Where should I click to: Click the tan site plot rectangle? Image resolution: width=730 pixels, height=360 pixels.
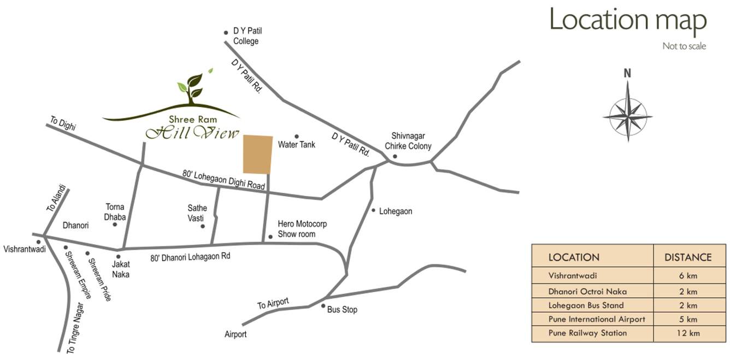[x=257, y=155]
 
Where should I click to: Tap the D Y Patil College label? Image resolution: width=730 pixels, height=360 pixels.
[x=247, y=36]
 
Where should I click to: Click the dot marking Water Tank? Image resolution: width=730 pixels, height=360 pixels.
[x=297, y=137]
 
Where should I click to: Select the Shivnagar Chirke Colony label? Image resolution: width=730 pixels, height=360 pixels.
[x=408, y=141]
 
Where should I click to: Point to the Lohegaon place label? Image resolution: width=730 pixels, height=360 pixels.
[x=396, y=211]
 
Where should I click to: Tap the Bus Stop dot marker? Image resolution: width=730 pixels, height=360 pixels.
[x=323, y=306]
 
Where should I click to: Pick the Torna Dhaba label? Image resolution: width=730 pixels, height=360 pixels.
[x=115, y=212]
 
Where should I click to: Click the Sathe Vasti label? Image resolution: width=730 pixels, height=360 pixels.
[x=197, y=213]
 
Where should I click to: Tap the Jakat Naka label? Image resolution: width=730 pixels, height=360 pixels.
[x=120, y=269]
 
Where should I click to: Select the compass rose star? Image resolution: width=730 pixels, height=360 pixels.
[x=628, y=116]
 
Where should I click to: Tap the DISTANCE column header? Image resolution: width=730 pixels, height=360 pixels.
[x=687, y=257]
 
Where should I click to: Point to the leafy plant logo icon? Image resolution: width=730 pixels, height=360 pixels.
[x=191, y=87]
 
